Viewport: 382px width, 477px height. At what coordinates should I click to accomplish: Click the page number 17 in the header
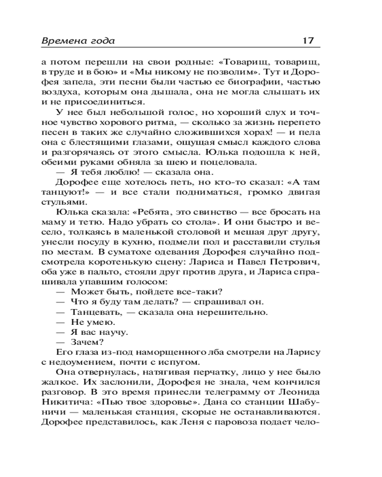point(308,41)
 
